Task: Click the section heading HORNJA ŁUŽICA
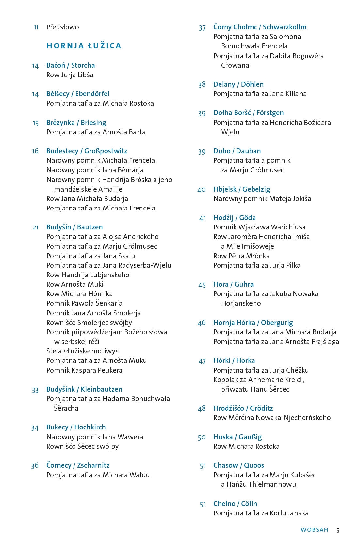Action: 84,46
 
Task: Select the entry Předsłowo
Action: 62,27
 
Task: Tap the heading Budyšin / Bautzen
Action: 74,227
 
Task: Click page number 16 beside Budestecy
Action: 35,151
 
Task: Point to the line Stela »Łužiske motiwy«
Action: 83,351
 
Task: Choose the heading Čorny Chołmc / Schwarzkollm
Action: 260,27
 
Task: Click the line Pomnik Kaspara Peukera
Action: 84,370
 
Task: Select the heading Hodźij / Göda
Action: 234,218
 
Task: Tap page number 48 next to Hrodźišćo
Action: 202,408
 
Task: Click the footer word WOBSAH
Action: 314,530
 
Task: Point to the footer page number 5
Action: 338,530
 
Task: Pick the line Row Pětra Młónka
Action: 241,256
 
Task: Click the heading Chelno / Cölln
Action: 235,504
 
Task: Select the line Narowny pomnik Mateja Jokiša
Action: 262,199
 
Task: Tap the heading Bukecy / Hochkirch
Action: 76,427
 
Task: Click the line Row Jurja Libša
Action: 70,75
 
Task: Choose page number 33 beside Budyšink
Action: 35,390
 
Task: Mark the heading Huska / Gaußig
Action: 237,437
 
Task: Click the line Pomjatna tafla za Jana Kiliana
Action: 260,94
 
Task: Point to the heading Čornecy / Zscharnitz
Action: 78,465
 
